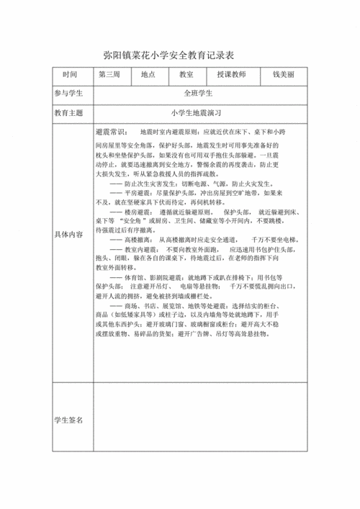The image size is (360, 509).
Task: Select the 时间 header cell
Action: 71,74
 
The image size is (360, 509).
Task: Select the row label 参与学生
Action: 71,94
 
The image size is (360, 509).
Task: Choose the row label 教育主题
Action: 71,114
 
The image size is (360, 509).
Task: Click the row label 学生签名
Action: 70,420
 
